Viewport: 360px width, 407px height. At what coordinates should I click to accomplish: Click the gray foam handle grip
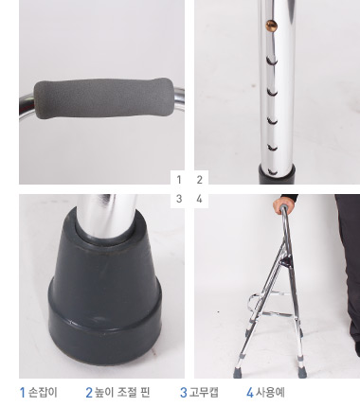(103, 98)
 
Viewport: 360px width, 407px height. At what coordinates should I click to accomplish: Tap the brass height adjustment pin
(271, 25)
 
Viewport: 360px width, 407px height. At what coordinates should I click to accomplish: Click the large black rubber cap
(105, 284)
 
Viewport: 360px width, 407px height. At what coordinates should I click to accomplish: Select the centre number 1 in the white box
(179, 180)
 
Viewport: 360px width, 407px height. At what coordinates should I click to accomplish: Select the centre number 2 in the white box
(199, 180)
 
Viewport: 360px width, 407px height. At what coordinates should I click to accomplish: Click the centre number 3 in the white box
(179, 199)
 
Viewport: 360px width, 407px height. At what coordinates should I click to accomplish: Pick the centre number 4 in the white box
(199, 199)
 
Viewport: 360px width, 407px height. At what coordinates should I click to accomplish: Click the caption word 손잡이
(43, 393)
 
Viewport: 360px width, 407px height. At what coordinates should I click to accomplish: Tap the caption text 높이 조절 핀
(122, 393)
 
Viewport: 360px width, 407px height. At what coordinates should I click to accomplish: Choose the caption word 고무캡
(204, 393)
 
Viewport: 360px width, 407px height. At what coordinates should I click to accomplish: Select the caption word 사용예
(270, 393)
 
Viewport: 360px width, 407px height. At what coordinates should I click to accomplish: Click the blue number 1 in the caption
(23, 393)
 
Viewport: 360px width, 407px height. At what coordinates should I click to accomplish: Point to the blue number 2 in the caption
(89, 393)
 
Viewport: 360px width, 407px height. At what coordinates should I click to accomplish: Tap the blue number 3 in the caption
(184, 393)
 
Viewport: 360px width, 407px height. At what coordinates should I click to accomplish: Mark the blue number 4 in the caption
(250, 393)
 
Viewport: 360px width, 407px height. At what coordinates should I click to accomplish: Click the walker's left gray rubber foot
(239, 372)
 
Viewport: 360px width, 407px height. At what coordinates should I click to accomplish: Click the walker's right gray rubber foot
(302, 372)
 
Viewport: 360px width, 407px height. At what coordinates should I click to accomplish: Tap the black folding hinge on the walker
(286, 261)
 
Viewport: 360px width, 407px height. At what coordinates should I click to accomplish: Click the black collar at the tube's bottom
(278, 174)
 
